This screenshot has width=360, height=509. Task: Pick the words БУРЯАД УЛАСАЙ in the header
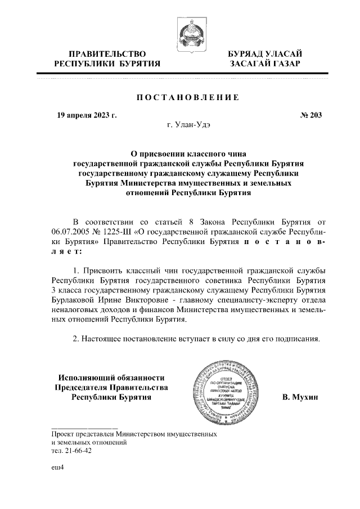point(264,54)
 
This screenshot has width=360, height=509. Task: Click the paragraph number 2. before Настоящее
point(76,339)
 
